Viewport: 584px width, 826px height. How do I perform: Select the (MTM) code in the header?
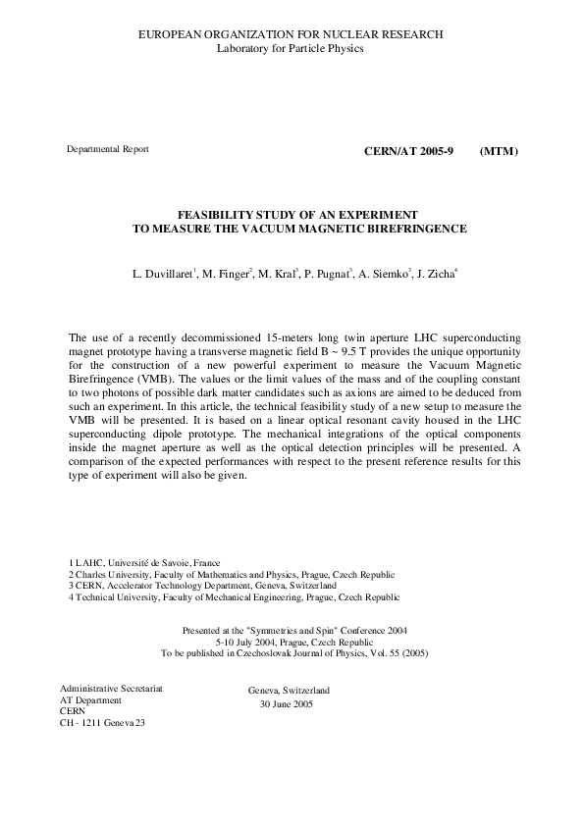tap(499, 152)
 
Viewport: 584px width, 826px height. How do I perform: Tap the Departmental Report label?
tap(107, 149)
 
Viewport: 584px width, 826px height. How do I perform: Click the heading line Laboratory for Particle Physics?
tap(291, 48)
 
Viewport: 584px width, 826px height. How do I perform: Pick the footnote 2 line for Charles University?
tap(232, 574)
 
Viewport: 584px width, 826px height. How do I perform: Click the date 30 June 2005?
tap(287, 704)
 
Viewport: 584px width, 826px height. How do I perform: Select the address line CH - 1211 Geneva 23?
tap(107, 724)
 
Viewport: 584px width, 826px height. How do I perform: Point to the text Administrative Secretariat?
tap(112, 689)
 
